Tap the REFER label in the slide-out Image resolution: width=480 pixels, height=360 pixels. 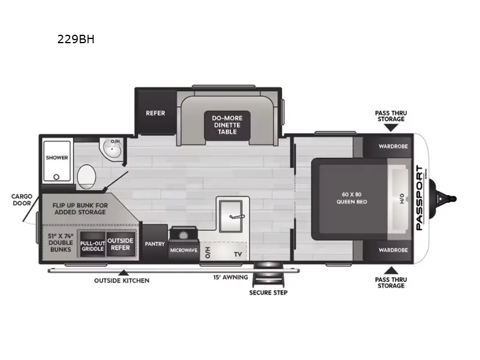155,113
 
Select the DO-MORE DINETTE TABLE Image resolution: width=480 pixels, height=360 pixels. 223,124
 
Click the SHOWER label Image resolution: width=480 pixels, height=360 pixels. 56,158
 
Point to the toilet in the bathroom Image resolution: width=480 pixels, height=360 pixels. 88,176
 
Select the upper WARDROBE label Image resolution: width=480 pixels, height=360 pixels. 393,146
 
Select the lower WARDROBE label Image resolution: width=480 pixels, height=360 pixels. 393,250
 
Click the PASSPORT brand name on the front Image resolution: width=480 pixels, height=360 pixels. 419,197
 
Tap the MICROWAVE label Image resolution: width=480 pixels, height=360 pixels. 184,250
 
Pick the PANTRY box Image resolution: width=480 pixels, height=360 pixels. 154,244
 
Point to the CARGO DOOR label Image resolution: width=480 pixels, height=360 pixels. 21,199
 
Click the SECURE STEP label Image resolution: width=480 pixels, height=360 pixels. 268,293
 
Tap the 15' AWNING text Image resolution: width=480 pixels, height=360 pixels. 226,277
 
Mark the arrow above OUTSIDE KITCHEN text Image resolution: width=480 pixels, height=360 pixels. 124,273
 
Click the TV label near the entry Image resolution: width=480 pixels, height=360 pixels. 238,254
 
